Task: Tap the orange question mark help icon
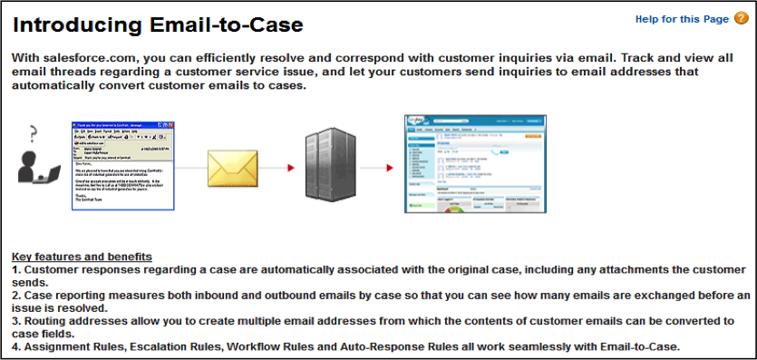[x=740, y=18]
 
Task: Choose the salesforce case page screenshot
[x=474, y=164]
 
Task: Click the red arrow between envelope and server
[x=290, y=168]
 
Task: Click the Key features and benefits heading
[x=82, y=257]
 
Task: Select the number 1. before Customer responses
[x=16, y=270]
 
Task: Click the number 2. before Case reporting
[x=16, y=296]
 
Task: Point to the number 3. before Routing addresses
[x=16, y=321]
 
